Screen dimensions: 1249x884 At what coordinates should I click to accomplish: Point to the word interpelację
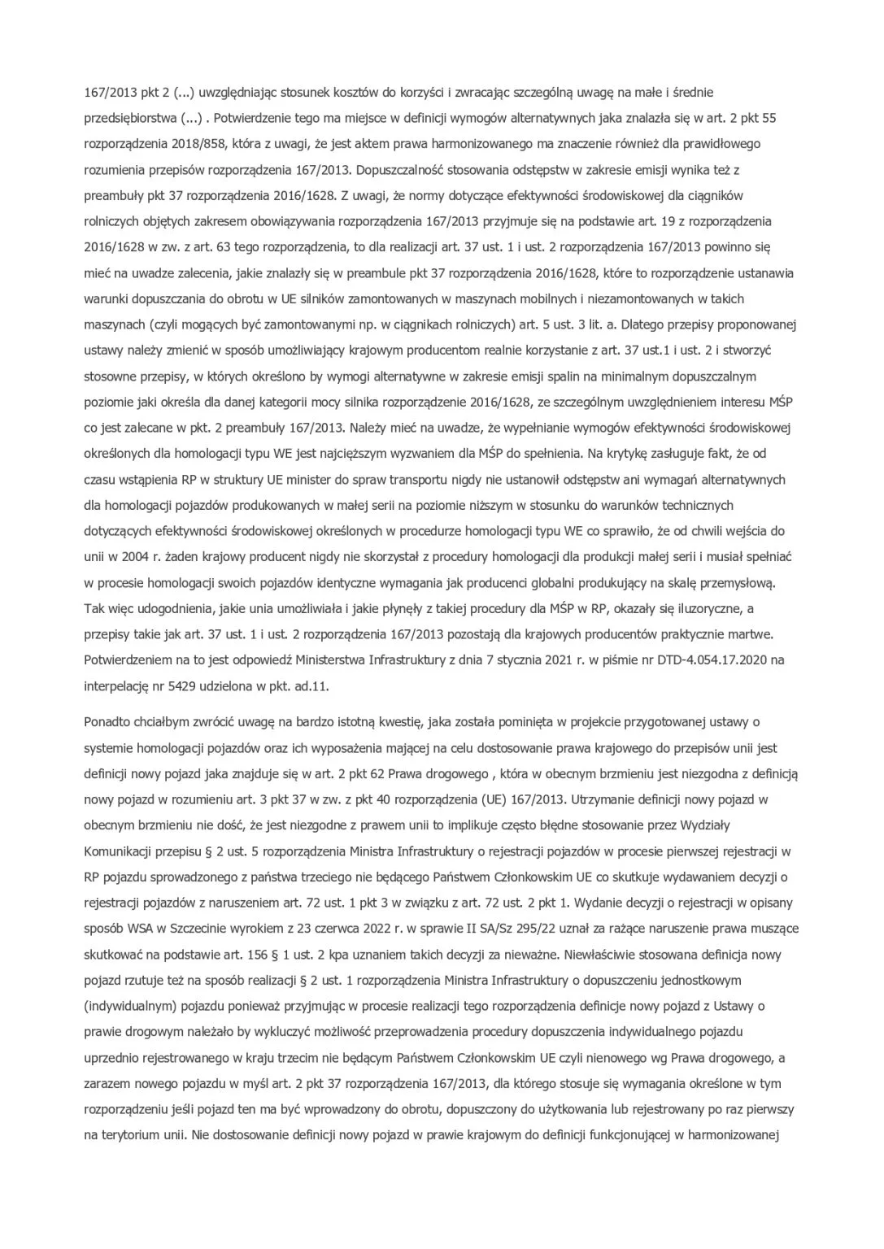(116, 685)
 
